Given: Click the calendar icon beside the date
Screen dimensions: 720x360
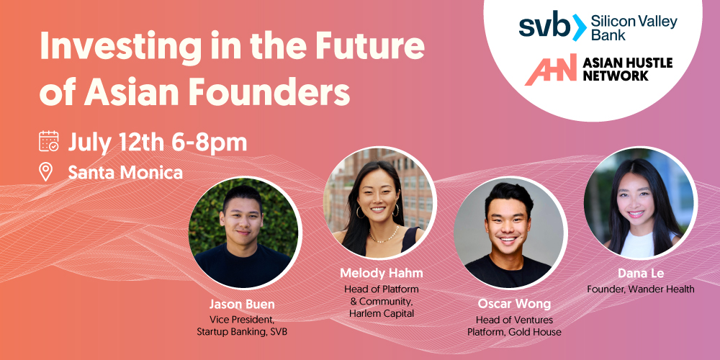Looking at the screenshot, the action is click(x=49, y=141).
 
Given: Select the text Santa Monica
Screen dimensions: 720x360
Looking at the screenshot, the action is click(x=125, y=172).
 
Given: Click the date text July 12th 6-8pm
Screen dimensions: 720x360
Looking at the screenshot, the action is click(x=158, y=142).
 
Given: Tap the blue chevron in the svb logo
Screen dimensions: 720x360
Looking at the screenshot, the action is click(x=579, y=27).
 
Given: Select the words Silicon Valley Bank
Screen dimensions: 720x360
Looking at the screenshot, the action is click(x=634, y=27).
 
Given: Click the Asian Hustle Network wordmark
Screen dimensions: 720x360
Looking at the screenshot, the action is click(x=627, y=69).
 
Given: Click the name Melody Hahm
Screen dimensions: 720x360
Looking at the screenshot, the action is click(x=381, y=274).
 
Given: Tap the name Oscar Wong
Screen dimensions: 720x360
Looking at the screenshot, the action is click(x=514, y=304).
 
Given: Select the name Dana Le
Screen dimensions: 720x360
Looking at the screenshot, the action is click(x=641, y=274).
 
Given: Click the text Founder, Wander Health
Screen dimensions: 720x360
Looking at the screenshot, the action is click(x=641, y=289).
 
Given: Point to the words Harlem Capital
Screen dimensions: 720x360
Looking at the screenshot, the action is click(x=381, y=314).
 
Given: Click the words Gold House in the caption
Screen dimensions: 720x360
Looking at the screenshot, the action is click(x=535, y=331).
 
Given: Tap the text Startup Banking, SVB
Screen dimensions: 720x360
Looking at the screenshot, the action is click(x=242, y=331).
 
